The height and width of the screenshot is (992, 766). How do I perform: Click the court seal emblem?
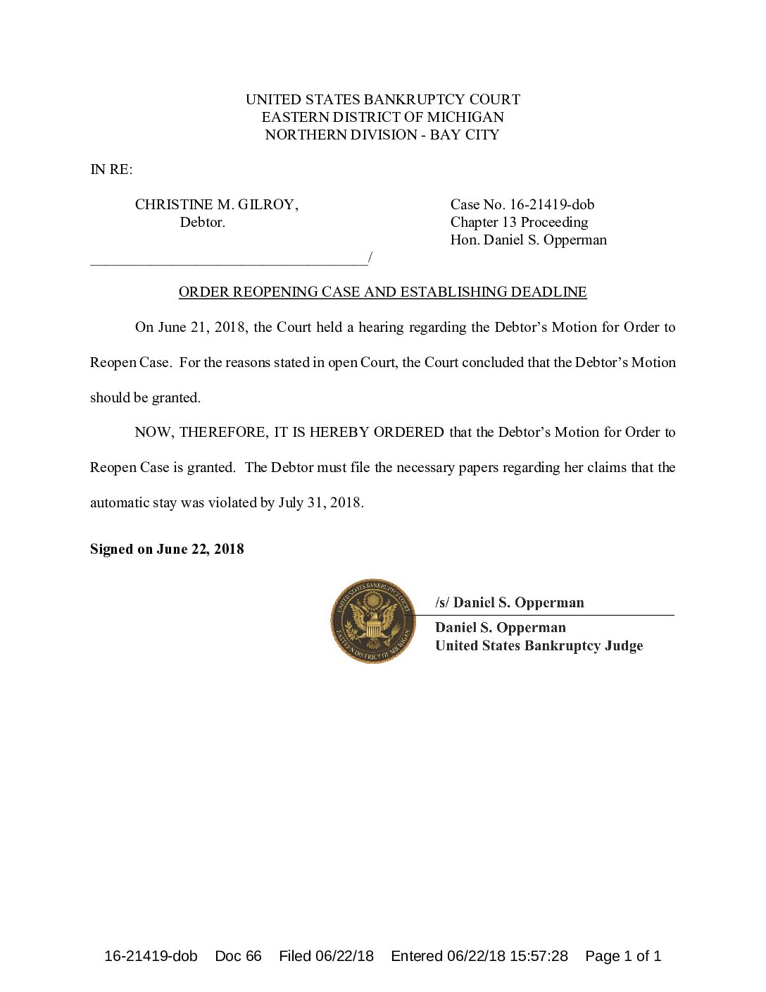373,621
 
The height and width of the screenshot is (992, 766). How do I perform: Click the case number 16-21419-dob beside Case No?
552,204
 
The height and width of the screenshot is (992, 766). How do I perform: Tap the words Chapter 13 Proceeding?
519,222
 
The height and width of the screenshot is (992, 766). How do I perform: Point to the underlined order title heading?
382,292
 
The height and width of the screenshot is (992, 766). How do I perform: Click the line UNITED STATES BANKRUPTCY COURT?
382,99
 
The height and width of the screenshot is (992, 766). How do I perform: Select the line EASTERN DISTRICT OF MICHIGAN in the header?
382,117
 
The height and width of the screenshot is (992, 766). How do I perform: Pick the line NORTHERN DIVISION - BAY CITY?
382,135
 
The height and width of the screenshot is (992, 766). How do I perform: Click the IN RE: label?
111,169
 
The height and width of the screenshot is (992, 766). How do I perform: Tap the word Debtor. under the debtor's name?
202,222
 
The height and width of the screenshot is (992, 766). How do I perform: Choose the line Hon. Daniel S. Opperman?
528,240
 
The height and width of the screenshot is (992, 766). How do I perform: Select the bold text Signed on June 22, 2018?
167,549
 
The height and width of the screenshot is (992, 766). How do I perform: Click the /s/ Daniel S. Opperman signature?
510,602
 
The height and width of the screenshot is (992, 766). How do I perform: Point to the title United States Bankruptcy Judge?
539,645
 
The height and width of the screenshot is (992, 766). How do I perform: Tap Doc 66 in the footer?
238,956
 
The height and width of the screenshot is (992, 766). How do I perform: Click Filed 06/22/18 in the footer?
326,956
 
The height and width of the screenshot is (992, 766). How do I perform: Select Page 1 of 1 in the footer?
623,956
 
